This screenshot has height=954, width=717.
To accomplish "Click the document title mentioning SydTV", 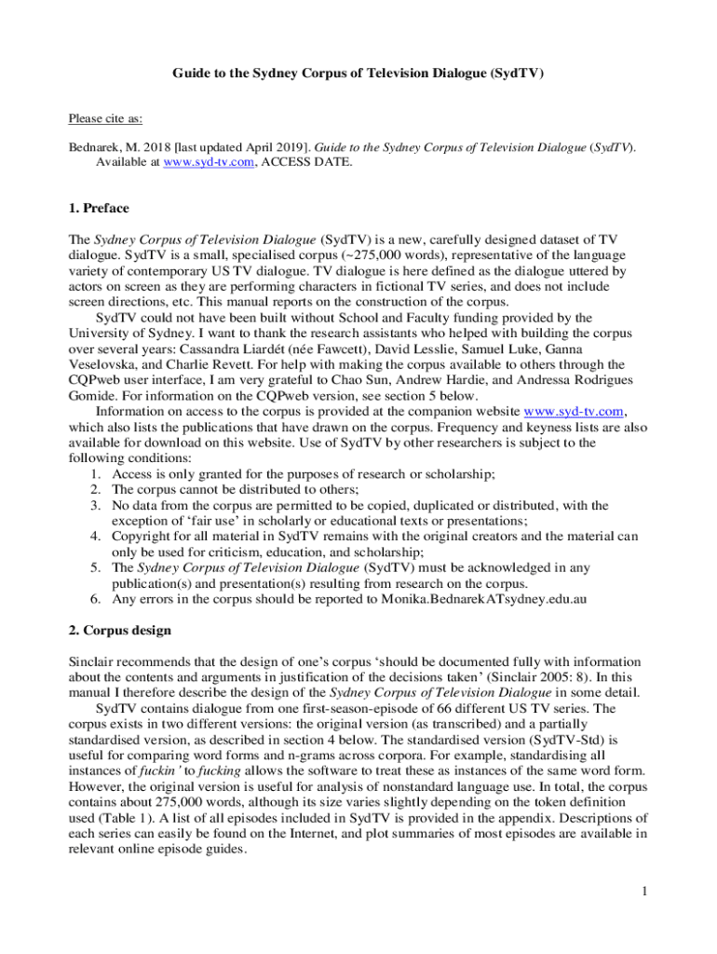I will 358,72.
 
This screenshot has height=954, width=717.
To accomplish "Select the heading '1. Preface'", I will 99,208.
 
